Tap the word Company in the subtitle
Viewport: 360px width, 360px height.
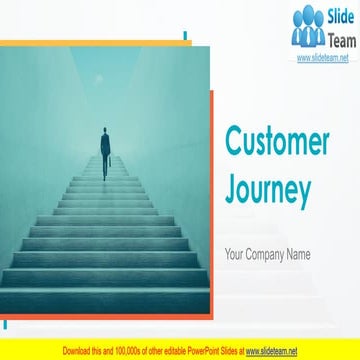click(269, 254)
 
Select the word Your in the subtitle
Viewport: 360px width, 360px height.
click(236, 254)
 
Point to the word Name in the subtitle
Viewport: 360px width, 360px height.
click(299, 254)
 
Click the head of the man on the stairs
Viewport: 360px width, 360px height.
click(105, 130)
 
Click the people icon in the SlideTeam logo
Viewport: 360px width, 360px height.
click(308, 28)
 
